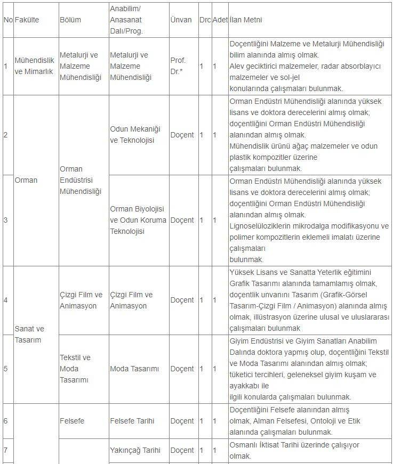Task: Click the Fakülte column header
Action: click(x=27, y=20)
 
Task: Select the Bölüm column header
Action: click(x=70, y=20)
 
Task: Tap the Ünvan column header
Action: click(x=181, y=20)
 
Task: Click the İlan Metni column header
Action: click(x=246, y=20)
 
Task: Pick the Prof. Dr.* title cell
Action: click(x=178, y=66)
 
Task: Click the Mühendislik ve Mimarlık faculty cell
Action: click(x=35, y=66)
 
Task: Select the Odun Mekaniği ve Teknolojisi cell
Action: click(x=135, y=135)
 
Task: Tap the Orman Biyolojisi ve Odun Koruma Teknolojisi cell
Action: click(x=138, y=219)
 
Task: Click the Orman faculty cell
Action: click(x=26, y=180)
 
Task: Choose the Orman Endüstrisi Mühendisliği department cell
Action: click(x=81, y=180)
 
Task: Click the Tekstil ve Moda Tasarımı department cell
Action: click(x=75, y=369)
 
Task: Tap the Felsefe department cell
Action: click(x=72, y=421)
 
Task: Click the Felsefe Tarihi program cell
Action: click(x=132, y=421)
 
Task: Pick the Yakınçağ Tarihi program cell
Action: click(x=135, y=450)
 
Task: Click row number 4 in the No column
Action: click(x=5, y=300)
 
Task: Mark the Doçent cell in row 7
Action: click(x=182, y=450)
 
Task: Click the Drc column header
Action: click(x=205, y=20)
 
